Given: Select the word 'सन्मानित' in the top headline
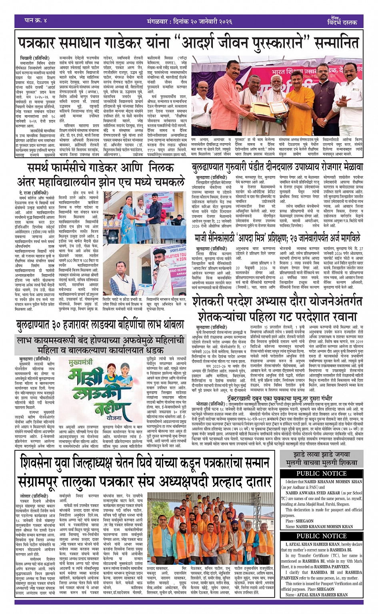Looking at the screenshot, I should pos(326,43).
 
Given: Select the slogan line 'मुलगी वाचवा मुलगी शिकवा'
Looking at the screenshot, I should pos(321,462).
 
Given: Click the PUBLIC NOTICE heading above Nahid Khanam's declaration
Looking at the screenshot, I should pos(321,473).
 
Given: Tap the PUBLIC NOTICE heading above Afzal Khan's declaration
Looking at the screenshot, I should pos(321,536).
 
